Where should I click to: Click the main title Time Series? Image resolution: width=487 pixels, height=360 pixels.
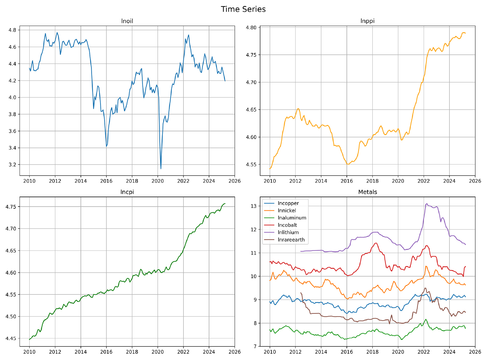tap(243, 9)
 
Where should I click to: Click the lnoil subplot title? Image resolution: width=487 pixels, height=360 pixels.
tap(127, 21)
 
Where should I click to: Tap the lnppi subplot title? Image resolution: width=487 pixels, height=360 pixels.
tap(367, 21)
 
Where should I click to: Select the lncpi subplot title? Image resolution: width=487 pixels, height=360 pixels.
tap(127, 192)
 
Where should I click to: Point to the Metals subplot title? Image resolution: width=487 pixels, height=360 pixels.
tap(367, 192)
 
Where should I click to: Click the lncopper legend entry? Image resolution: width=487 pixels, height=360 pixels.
tap(288, 203)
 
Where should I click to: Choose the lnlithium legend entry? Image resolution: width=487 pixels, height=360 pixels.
tap(288, 232)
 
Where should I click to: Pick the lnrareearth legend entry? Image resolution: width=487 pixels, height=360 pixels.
tap(291, 240)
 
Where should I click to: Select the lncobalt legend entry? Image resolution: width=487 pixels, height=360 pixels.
tap(287, 225)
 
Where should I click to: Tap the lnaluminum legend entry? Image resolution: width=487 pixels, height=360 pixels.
tap(292, 218)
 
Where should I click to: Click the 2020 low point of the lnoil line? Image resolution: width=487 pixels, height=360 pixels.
tap(161, 169)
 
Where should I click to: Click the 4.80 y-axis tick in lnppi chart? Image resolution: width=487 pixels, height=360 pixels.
tap(251, 28)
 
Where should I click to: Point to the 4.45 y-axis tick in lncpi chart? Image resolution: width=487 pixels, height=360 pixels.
tap(11, 338)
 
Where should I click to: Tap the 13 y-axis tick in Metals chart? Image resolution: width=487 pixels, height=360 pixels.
tap(255, 206)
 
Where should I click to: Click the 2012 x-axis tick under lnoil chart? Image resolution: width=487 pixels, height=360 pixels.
tap(55, 181)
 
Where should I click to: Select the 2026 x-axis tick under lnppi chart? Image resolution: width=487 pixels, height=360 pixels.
tap(475, 181)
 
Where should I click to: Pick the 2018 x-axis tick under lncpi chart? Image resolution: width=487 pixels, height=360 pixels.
tap(132, 352)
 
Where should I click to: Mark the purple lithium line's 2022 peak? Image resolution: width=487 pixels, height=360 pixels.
tap(427, 204)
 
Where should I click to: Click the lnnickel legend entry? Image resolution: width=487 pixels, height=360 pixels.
tap(286, 211)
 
